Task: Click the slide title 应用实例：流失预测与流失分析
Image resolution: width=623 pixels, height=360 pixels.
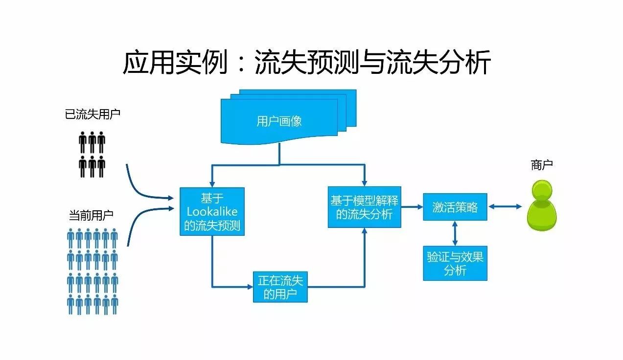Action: tap(306, 64)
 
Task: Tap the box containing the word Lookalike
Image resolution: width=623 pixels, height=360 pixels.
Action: tap(212, 211)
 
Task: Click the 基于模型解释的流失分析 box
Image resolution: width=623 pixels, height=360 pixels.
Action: tap(364, 207)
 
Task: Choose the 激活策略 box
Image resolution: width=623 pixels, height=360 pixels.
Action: tap(455, 207)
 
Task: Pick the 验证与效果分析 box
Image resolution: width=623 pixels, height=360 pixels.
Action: tap(455, 263)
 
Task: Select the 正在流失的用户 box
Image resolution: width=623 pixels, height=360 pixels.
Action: tap(280, 287)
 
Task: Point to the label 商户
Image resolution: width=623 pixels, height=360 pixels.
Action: tap(541, 165)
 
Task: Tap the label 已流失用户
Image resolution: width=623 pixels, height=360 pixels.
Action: tap(92, 114)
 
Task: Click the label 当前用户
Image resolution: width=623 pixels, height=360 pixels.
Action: tap(91, 215)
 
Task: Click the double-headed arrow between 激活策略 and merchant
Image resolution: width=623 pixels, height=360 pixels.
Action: tap(505, 207)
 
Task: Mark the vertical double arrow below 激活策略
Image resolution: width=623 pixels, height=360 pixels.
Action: tap(455, 233)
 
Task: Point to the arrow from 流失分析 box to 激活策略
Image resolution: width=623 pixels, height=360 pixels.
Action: tap(412, 207)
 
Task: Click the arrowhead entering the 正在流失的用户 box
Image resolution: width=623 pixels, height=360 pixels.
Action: tap(250, 287)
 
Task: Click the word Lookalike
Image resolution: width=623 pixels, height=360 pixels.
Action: tap(212, 211)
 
